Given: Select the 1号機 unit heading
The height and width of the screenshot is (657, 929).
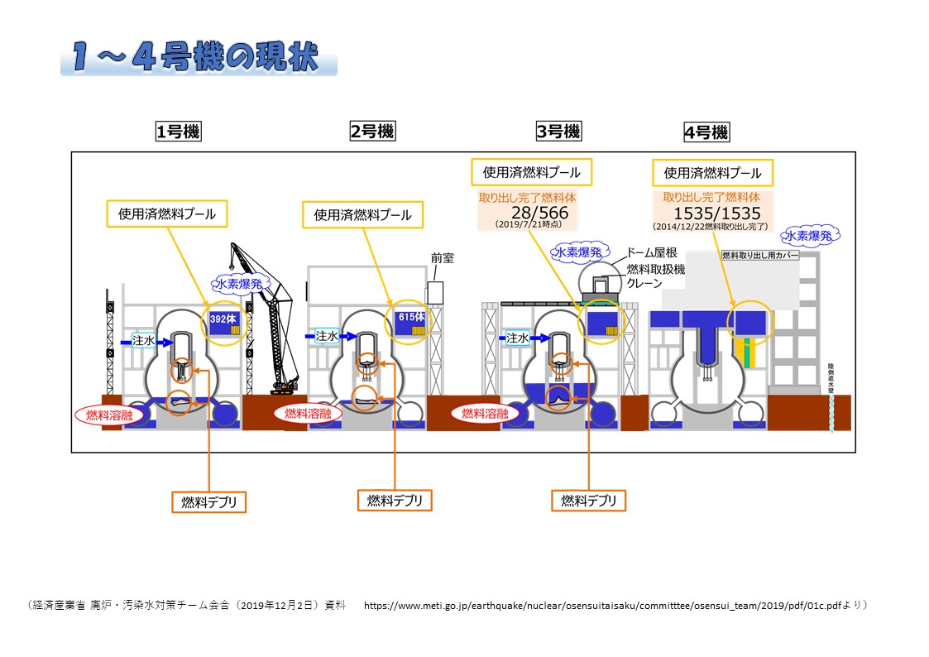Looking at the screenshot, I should click(179, 131).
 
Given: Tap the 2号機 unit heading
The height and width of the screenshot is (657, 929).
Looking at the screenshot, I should click(372, 131).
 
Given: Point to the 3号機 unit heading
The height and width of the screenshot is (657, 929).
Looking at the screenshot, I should click(558, 131).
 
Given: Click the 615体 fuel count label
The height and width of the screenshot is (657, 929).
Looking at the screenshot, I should click(410, 317).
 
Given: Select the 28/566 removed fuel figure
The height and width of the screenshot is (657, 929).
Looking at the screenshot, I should click(539, 212).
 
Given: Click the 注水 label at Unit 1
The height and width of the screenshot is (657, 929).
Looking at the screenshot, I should click(145, 339).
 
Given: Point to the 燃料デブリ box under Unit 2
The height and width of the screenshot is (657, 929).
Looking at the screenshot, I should click(395, 500).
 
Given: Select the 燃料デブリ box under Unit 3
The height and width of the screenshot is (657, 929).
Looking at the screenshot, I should click(589, 501).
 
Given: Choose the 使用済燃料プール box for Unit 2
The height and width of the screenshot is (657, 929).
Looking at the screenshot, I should click(362, 215).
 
